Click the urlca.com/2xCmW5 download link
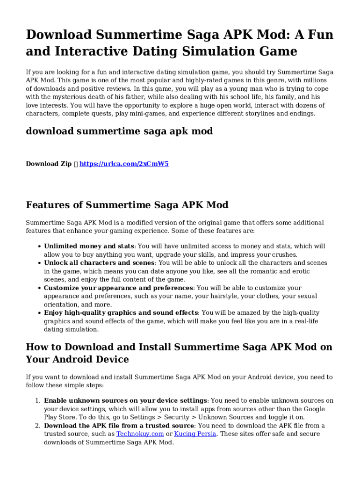124,164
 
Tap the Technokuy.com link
140,434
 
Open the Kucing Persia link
195,434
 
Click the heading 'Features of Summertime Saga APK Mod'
127,205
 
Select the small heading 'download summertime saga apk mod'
119,131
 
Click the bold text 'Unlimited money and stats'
89,246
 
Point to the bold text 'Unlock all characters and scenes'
99,263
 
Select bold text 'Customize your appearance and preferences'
118,288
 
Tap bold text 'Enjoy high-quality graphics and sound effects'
121,313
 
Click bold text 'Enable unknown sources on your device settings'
125,400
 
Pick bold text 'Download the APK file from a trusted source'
119,426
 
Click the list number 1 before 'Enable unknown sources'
38,400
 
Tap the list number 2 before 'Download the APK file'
38,426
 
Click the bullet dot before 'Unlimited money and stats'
38,247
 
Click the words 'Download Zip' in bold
49,164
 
